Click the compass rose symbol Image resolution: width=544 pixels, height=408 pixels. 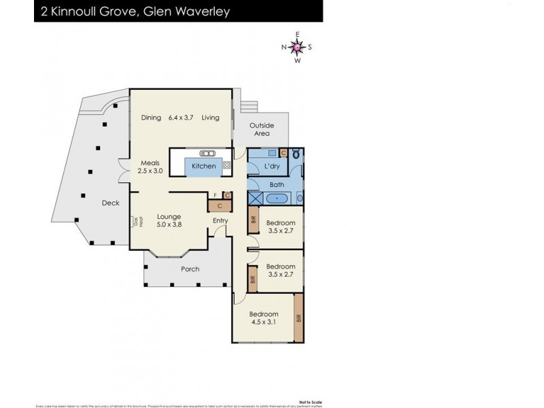pos(297,47)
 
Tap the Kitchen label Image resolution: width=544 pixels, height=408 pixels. pos(203,166)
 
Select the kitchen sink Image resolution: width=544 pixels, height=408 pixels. pos(206,153)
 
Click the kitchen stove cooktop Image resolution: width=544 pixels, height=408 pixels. pos(226,165)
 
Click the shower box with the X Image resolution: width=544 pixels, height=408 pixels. pos(256,200)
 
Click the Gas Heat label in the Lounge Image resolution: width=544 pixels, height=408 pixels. pos(135,221)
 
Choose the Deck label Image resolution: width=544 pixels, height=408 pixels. pos(111,203)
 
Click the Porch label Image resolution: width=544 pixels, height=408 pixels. pos(190,269)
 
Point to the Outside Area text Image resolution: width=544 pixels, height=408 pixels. pos(261,129)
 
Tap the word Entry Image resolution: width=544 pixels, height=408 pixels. pos(220,220)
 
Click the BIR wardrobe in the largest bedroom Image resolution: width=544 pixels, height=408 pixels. pos(299,317)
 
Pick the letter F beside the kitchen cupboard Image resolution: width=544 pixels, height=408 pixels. pos(215,196)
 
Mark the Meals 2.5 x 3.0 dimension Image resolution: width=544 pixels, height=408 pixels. pos(150,171)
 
